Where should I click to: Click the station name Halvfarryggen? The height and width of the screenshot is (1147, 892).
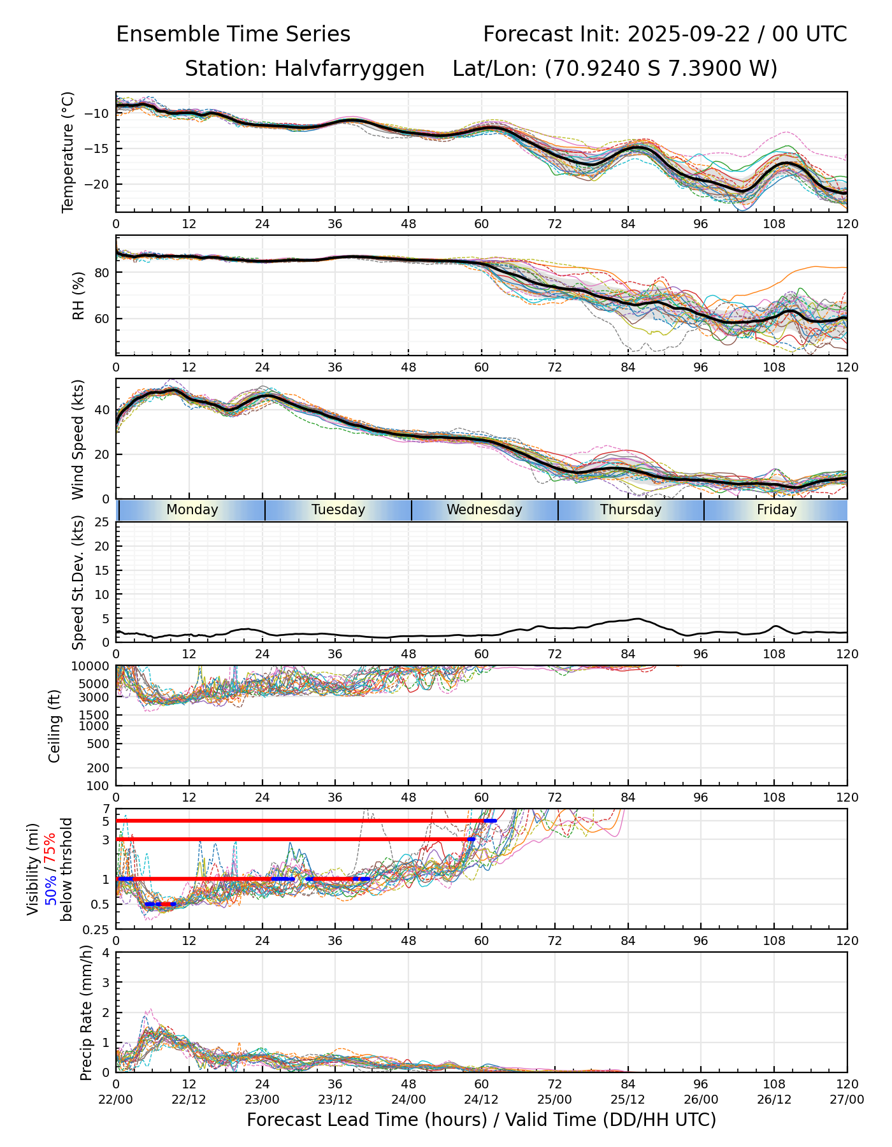349,69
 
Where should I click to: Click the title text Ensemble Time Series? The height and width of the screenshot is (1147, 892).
233,34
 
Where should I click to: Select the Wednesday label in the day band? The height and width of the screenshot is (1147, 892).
484,510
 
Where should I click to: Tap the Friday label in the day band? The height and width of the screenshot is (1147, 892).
777,510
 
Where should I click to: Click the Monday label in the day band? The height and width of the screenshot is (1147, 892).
192,510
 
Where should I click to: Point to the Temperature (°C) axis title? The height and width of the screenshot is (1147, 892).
68,152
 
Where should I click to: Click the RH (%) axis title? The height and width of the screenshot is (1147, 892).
79,296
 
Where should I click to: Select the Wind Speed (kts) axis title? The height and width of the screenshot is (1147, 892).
78,439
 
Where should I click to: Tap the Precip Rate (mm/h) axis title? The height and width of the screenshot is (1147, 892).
86,1013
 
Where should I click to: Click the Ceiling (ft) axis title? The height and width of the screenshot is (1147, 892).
55,726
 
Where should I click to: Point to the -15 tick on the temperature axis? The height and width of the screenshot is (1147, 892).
100,149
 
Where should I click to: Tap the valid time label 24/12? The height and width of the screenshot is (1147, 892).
482,1099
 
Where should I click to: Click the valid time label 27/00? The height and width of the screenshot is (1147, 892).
847,1099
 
